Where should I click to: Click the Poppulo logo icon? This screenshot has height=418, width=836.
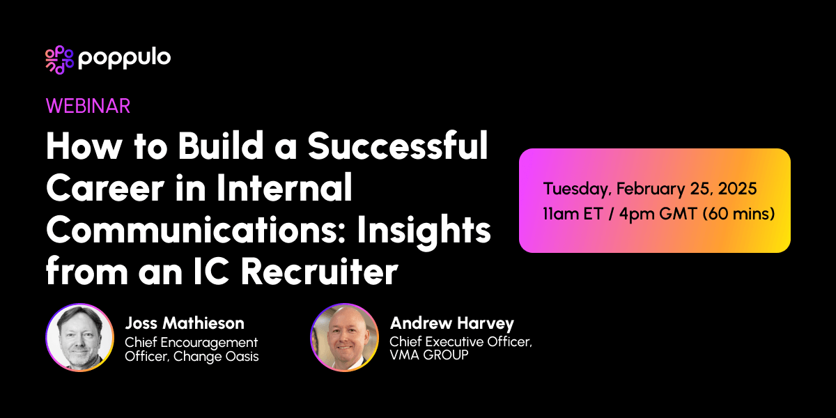(59, 60)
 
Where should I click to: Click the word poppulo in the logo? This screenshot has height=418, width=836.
(124, 59)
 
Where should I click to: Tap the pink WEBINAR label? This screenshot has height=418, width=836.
(88, 105)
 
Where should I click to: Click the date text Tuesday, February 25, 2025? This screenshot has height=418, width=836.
(650, 189)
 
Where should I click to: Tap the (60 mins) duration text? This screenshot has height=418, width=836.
(738, 213)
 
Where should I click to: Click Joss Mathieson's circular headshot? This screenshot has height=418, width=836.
(79, 337)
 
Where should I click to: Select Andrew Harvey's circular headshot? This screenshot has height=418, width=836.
(344, 337)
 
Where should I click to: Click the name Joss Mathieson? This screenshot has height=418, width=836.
(185, 323)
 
